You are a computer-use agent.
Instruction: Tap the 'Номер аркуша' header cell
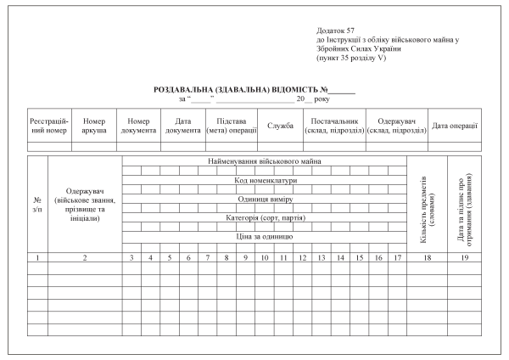(x=93, y=126)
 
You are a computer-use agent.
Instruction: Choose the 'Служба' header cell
(x=280, y=126)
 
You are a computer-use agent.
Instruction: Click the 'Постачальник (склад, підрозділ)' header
(x=333, y=126)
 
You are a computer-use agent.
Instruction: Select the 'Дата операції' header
(x=455, y=126)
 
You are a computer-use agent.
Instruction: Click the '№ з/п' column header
(x=36, y=205)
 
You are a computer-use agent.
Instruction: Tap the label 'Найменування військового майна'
(x=265, y=161)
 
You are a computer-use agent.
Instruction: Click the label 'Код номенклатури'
(x=265, y=180)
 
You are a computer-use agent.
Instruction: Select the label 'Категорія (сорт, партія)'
(x=265, y=217)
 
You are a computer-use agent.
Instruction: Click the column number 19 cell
(x=464, y=256)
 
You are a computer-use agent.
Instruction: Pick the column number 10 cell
(x=265, y=256)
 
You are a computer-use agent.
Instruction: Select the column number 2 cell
(x=85, y=256)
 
